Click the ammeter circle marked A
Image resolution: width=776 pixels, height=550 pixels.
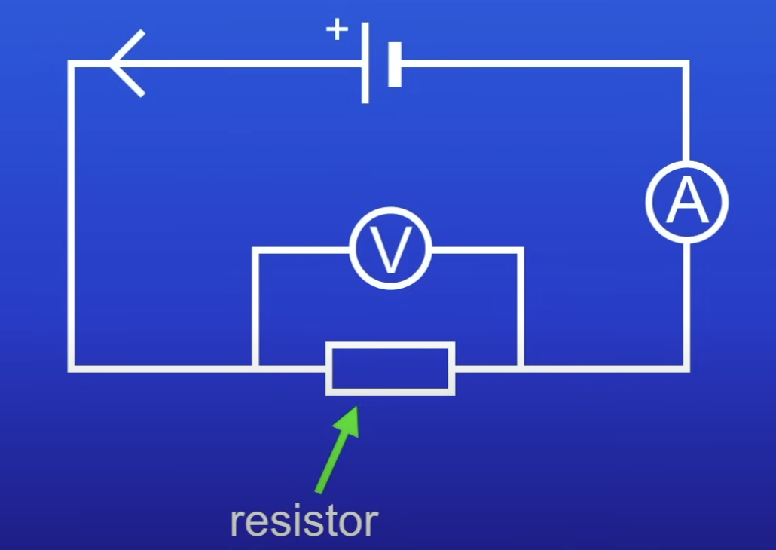pos(686,201)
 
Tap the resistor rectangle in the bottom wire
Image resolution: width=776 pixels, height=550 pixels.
pos(390,368)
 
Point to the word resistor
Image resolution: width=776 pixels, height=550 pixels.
pos(304,521)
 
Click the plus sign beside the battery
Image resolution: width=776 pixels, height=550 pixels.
pos(337,30)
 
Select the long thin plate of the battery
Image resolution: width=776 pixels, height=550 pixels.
pos(365,63)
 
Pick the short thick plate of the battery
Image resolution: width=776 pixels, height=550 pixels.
pos(395,64)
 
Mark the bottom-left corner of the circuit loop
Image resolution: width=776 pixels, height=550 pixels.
pos(72,368)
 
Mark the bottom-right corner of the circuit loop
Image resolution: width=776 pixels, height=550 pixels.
pos(686,368)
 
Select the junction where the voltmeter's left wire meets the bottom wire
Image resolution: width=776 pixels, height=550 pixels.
pos(256,368)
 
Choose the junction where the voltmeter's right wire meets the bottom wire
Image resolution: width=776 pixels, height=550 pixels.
pos(520,368)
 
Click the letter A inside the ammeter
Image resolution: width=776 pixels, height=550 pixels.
pos(687,202)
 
